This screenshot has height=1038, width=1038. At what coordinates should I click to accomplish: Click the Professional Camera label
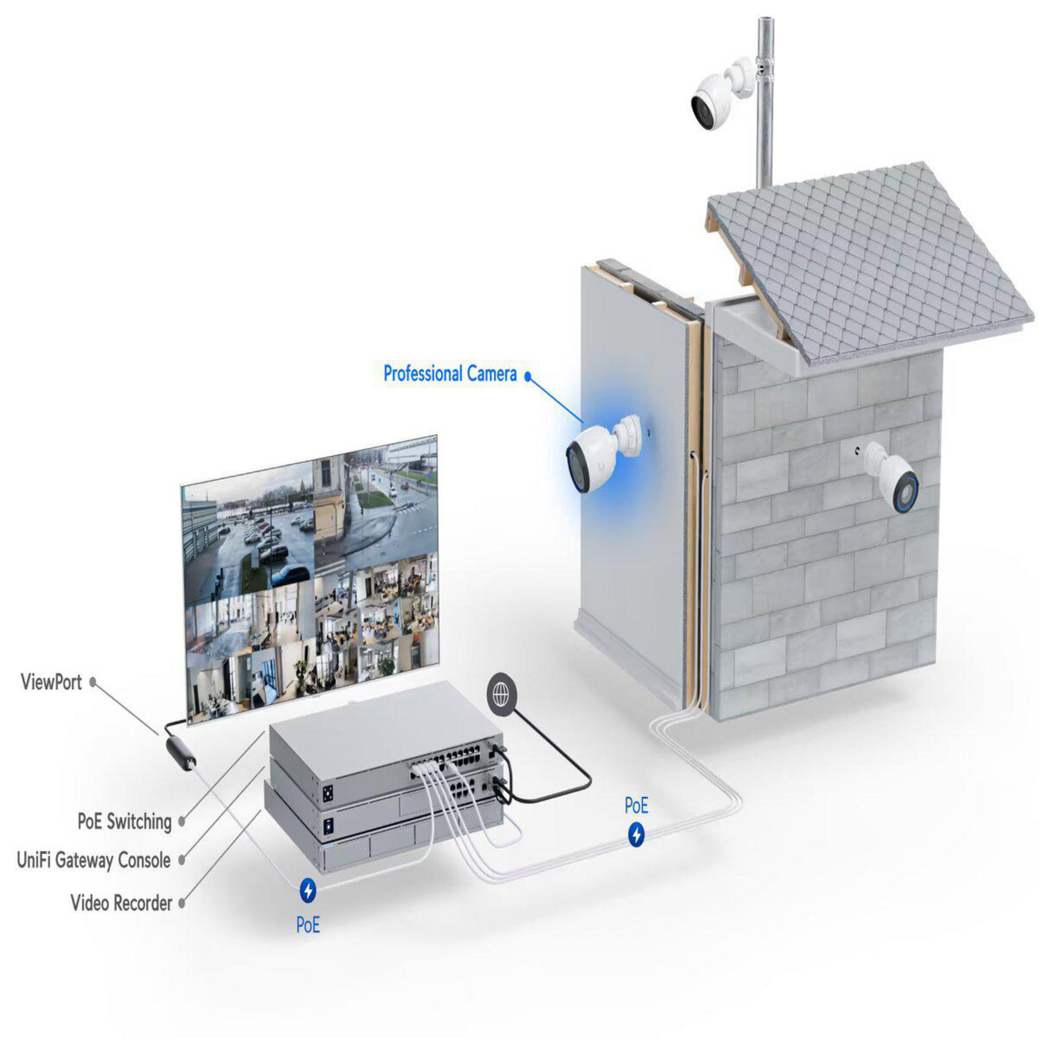coord(450,373)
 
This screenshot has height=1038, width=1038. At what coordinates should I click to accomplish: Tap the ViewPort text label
coord(51,682)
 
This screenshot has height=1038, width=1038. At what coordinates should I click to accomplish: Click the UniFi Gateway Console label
coord(93,860)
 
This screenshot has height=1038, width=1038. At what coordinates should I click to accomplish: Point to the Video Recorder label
coord(121,903)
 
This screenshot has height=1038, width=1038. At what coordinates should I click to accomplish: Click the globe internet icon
coord(501,696)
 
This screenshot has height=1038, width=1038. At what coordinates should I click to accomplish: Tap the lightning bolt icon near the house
coord(636,834)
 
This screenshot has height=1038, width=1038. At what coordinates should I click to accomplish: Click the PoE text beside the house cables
coord(636,806)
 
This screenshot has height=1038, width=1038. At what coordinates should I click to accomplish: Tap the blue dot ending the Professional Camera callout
coord(527,377)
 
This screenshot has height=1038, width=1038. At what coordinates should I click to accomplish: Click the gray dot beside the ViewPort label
coord(92,681)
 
